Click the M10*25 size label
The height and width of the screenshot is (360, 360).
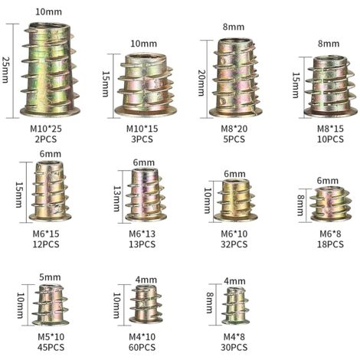(x=46, y=129)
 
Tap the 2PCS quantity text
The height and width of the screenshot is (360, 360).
(x=46, y=139)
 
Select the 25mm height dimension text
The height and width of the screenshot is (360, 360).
(x=5, y=70)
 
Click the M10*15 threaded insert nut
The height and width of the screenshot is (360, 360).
(x=146, y=85)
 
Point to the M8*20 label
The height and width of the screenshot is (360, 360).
(x=234, y=129)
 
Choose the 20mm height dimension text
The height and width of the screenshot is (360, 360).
(x=201, y=83)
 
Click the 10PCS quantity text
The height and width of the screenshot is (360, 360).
(x=330, y=139)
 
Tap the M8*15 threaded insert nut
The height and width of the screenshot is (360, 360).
(x=331, y=87)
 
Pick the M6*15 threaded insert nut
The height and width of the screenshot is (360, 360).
(x=50, y=191)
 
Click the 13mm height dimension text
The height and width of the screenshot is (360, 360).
(x=117, y=198)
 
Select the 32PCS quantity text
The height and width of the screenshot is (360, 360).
(x=234, y=244)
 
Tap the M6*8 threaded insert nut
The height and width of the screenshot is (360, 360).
(x=331, y=204)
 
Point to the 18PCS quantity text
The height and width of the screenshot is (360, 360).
(x=330, y=244)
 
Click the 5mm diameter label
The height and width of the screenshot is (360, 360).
(x=50, y=277)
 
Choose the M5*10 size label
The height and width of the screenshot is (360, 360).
(x=51, y=337)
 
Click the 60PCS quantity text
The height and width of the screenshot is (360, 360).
(x=142, y=348)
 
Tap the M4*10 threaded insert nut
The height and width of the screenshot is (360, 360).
(x=146, y=304)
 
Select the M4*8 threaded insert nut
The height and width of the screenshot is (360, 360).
(x=235, y=306)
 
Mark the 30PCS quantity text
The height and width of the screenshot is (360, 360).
(x=234, y=348)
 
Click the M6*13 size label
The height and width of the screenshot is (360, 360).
(x=142, y=234)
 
